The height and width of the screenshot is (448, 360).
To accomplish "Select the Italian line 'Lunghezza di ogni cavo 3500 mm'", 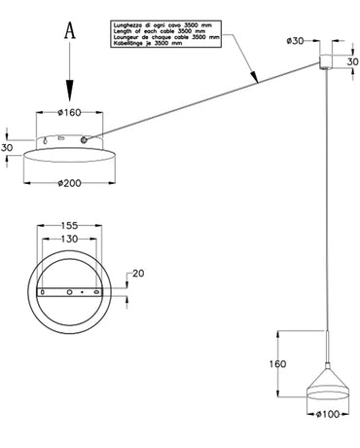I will (x=166, y=19).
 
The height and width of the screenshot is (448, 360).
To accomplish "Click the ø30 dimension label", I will (x=298, y=41).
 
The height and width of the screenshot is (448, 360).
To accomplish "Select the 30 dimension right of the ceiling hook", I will (x=351, y=61).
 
